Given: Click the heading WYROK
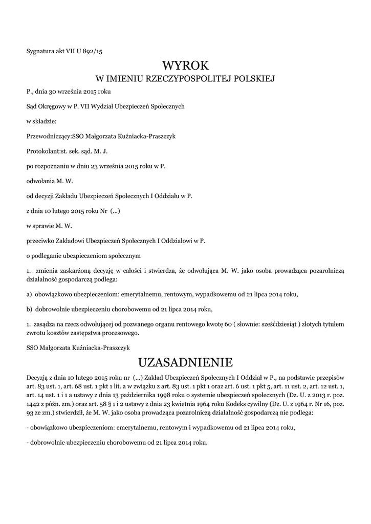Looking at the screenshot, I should tap(185, 66).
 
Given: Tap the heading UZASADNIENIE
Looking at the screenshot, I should tap(185, 363).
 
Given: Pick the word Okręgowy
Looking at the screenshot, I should tap(53, 106).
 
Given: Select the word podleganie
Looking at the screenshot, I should tap(53, 255).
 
